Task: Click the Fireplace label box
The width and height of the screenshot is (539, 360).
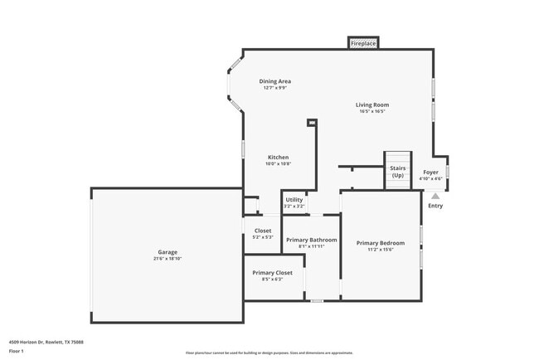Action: coord(363,42)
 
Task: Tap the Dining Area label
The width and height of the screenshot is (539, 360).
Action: coord(274,81)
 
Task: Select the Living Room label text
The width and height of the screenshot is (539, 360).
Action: coord(372,105)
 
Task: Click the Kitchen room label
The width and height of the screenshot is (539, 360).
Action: coord(278,157)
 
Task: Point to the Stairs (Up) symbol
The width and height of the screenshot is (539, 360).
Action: coord(398,171)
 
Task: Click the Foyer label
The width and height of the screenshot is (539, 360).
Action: coord(431,173)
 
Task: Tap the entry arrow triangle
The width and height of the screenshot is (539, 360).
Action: coord(435,196)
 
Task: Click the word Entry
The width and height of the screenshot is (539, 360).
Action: coord(435,206)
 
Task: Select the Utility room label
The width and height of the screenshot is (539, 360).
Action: coord(294,200)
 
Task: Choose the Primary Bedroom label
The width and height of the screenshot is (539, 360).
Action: coord(381,243)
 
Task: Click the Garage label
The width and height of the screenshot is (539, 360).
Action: coord(168,252)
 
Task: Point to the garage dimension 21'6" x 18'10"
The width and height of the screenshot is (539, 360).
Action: coord(168,259)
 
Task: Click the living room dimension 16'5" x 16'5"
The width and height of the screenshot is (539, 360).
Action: coord(372,112)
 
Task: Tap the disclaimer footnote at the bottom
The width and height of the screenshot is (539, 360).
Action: coord(269,353)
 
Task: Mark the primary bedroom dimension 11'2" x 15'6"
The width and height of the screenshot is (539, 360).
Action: coord(381,250)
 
